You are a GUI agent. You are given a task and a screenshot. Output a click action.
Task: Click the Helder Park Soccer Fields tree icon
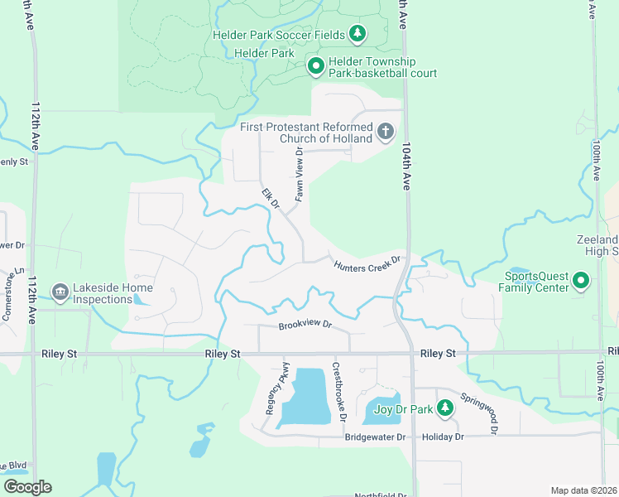pos(357,34)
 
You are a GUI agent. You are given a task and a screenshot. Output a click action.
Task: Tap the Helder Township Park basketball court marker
pos(315,65)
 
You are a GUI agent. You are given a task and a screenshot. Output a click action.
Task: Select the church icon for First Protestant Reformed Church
pos(385,132)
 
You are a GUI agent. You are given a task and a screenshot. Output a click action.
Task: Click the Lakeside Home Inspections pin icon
pos(60,292)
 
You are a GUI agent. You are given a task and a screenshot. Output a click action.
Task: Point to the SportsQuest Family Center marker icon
pos(581,282)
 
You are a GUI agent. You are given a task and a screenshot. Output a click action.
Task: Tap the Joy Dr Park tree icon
pos(445,408)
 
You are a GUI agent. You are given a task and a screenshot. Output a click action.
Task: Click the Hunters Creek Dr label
pos(367,264)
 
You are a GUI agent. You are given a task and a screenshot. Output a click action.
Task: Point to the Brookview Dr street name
pos(305,326)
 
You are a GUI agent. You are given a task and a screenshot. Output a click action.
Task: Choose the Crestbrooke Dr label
pos(338,391)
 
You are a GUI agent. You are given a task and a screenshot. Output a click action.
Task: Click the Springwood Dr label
pos(481,413)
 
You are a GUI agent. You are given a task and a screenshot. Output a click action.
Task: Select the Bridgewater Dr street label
pos(376,437)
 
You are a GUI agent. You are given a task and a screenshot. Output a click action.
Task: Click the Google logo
pos(28,487)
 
